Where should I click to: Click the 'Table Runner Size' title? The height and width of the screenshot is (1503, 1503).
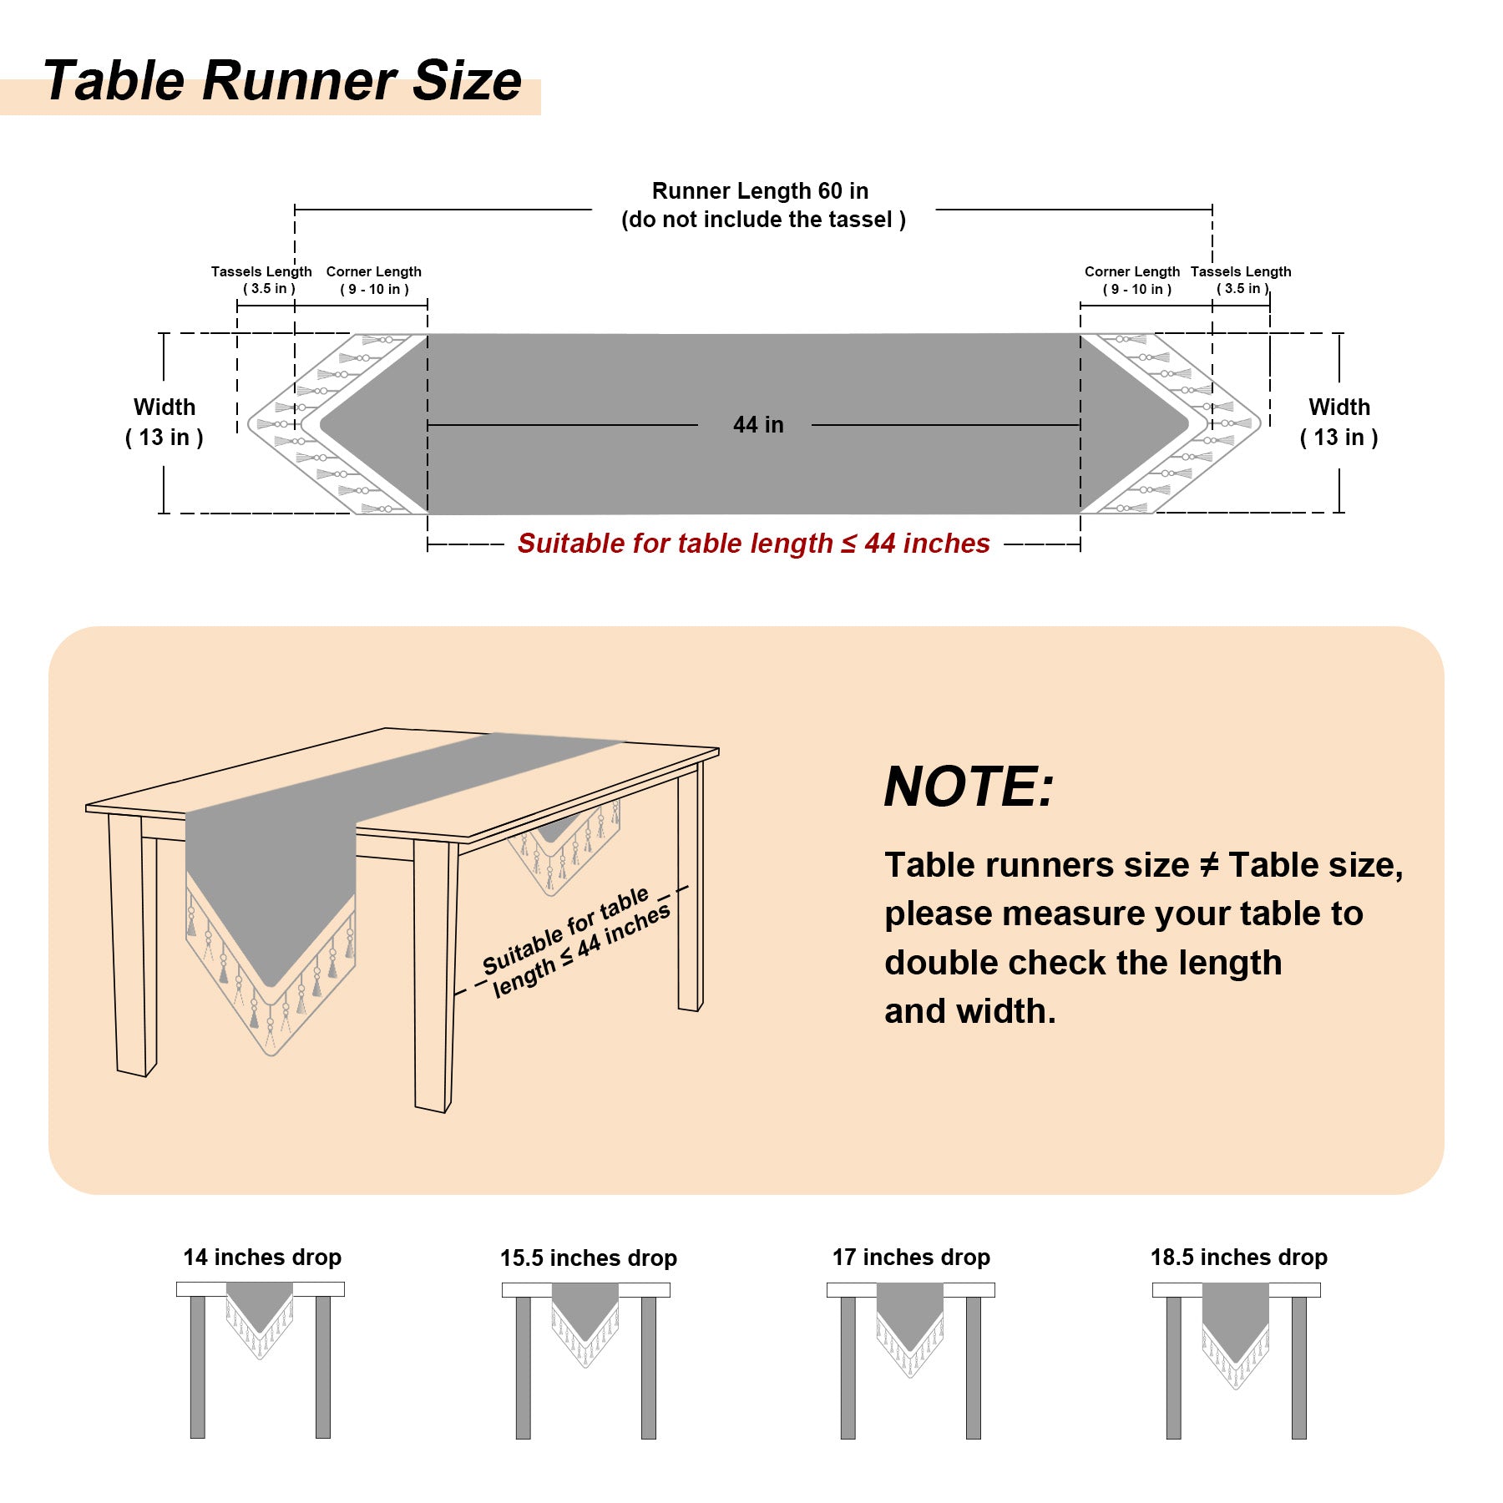[282, 81]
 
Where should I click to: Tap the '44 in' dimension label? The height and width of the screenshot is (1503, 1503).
[758, 425]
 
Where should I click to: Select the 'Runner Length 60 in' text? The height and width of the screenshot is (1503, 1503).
[760, 191]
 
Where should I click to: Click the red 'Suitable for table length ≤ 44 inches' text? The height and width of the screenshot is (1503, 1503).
[753, 544]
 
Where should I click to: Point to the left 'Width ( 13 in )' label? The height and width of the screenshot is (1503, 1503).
[164, 422]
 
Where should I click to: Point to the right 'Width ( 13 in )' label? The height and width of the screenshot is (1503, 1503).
[1339, 422]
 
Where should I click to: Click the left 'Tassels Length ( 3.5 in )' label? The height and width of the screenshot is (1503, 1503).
[261, 280]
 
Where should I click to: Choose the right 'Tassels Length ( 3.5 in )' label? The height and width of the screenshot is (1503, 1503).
[1241, 280]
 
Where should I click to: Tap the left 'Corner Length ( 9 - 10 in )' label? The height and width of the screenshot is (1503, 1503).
[374, 281]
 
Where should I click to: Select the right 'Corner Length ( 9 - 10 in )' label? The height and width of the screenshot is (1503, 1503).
[1132, 281]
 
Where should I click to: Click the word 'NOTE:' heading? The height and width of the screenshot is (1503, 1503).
[969, 787]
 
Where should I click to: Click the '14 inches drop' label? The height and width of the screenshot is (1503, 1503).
[262, 1257]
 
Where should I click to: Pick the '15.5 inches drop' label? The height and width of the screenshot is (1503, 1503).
[589, 1258]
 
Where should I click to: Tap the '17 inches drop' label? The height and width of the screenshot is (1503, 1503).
[911, 1257]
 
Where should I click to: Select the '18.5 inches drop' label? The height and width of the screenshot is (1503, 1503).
[1239, 1257]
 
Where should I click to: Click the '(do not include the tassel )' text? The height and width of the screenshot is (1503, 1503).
[763, 220]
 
